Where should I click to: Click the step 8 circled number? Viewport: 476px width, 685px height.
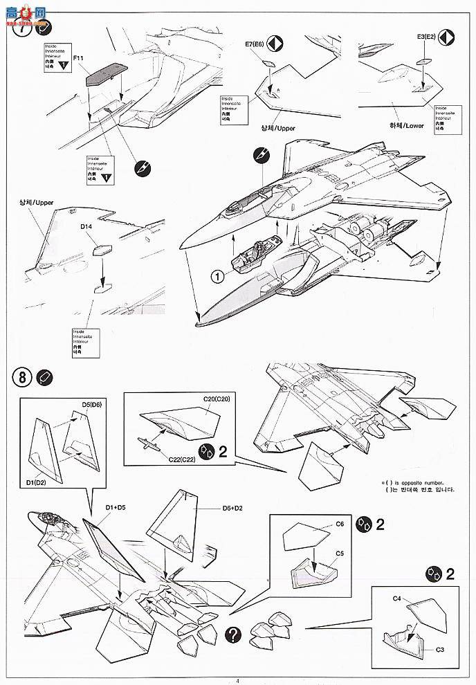pyautogui.click(x=22, y=378)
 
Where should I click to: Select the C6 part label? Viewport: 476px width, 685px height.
pyautogui.click(x=340, y=524)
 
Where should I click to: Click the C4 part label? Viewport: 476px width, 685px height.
pyautogui.click(x=398, y=596)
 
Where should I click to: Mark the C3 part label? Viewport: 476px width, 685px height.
pyautogui.click(x=441, y=650)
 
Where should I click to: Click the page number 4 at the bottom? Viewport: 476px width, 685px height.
pyautogui.click(x=237, y=679)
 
